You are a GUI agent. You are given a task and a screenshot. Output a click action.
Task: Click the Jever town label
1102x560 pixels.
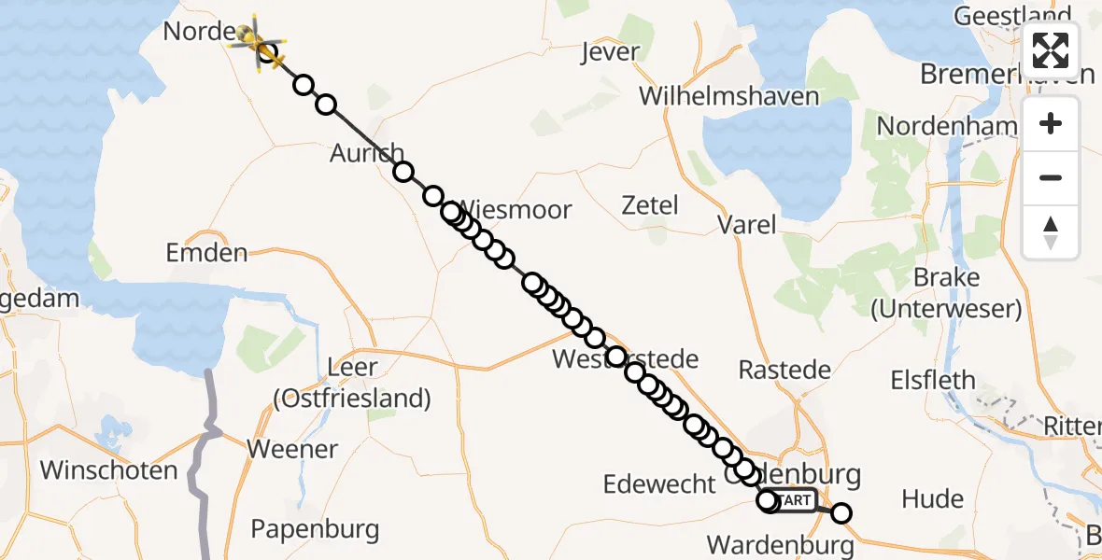(x=611, y=52)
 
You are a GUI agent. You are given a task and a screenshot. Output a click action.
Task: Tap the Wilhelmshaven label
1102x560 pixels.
(x=729, y=96)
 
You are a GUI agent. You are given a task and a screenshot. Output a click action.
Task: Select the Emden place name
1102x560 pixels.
(x=206, y=252)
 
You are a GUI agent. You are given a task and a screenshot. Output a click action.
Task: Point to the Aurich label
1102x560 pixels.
(x=366, y=153)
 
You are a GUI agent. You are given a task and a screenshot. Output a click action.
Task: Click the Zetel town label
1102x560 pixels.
(x=650, y=205)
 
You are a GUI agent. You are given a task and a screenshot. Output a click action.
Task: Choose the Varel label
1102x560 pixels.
(x=746, y=224)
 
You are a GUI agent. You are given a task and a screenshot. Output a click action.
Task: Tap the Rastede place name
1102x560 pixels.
(x=784, y=370)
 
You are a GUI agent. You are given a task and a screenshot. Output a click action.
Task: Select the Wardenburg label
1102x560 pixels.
(x=780, y=544)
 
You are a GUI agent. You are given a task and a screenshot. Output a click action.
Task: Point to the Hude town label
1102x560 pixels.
(x=932, y=499)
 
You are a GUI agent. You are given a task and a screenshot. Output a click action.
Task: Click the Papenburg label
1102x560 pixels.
(x=315, y=530)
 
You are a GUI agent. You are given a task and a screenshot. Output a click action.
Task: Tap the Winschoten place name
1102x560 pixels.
(x=109, y=469)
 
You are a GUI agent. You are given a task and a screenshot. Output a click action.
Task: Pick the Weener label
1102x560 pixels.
(x=292, y=449)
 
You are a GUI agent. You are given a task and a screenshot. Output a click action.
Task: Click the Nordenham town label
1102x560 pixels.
(x=946, y=126)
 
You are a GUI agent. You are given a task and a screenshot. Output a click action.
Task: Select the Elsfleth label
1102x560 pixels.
(x=933, y=381)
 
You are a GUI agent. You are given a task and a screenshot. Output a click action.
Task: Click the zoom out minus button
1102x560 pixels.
(x=1051, y=177)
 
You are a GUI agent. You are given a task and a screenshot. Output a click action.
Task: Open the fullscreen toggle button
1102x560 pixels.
(x=1051, y=49)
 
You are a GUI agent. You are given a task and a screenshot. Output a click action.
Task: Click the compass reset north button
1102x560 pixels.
(x=1051, y=231)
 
